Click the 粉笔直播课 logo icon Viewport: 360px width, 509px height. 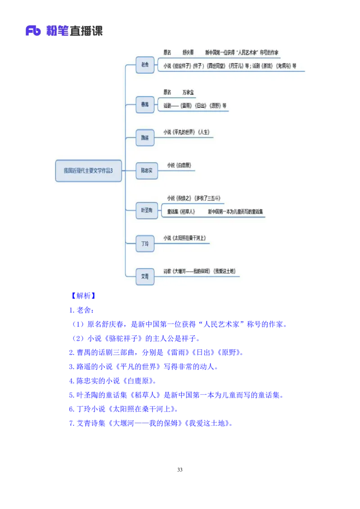pos(33,31)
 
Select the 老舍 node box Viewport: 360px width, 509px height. pos(145,65)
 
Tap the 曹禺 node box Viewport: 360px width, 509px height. pos(145,104)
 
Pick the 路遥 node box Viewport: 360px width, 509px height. pos(145,138)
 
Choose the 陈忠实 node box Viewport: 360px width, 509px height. pos(147,171)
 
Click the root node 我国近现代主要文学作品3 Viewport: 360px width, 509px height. pos(88,171)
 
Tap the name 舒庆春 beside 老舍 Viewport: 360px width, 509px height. pos(188,53)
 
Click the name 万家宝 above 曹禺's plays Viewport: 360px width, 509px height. pos(189,92)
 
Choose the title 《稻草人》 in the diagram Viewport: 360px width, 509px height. pos(187,211)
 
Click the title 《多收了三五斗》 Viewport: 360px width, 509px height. pos(208,198)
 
